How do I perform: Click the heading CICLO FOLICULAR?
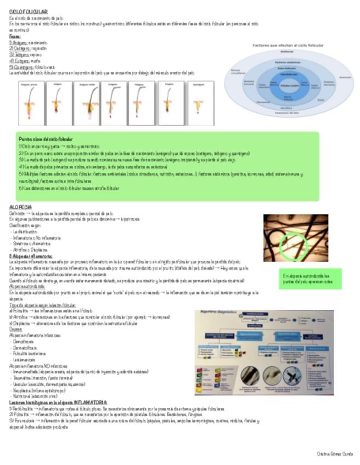[x=29, y=11]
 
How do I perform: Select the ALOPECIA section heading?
[x=20, y=207]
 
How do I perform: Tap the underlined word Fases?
[x=15, y=37]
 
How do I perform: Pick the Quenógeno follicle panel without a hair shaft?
[x=201, y=103]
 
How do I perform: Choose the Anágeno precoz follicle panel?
[x=31, y=103]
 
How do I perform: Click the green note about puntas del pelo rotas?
[x=311, y=278]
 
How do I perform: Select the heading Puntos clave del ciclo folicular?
[x=46, y=139]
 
